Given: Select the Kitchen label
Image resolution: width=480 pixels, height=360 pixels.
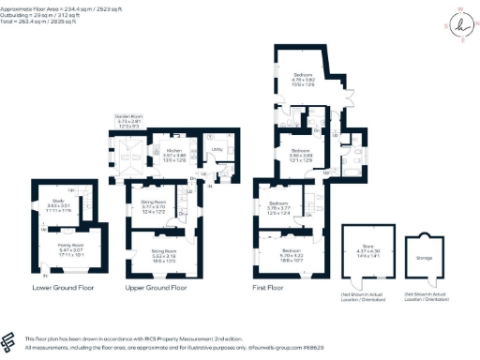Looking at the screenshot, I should click(173, 149).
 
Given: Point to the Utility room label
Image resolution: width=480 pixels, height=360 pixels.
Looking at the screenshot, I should click(216, 149).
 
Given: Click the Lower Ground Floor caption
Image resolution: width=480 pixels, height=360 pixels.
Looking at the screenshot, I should click(62, 287).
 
